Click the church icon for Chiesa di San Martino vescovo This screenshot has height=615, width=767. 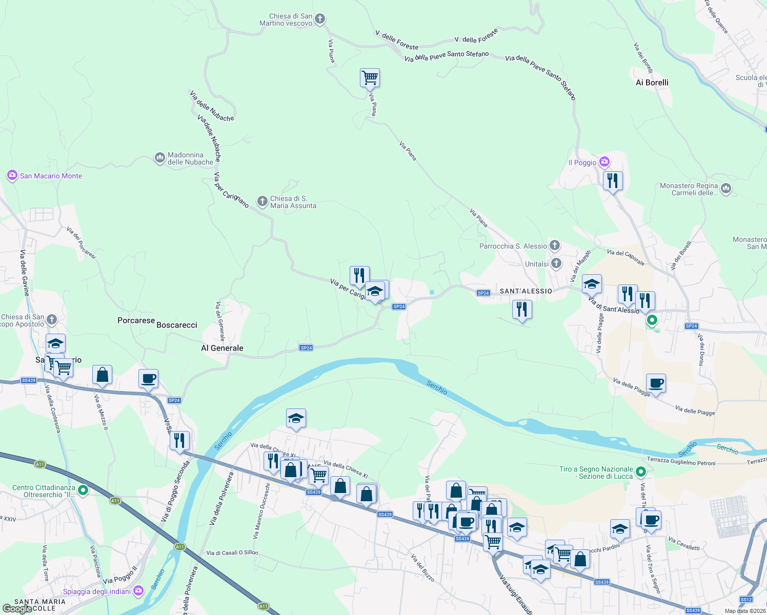[320, 19]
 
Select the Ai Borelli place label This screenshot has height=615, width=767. [652, 83]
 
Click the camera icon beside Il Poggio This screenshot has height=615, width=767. [604, 162]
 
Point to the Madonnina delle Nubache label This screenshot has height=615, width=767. [190, 158]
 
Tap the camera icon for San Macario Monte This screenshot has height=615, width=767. [12, 176]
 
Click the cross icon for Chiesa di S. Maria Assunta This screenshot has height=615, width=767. [262, 201]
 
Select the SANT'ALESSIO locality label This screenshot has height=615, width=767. [526, 291]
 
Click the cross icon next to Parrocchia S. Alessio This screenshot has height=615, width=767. [555, 245]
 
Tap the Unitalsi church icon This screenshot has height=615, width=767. [556, 264]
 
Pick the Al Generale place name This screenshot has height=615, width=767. [222, 348]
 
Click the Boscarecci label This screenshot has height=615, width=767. [177, 325]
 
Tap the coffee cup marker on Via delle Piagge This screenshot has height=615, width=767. [656, 383]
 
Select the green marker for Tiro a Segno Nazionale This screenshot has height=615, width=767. [640, 471]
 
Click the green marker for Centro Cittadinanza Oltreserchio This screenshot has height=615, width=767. [83, 490]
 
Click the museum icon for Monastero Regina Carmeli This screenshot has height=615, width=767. [725, 189]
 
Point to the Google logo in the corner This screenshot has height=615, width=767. [17, 608]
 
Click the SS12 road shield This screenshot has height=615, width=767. [746, 599]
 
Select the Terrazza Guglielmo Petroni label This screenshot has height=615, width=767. [681, 463]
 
